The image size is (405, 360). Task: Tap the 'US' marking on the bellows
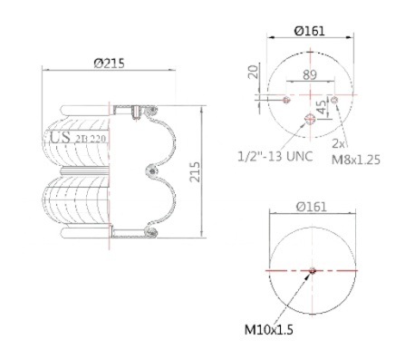(60, 137)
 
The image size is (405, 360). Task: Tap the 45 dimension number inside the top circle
(320, 110)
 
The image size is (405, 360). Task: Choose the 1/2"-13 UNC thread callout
(275, 155)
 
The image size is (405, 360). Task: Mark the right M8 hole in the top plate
(335, 99)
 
